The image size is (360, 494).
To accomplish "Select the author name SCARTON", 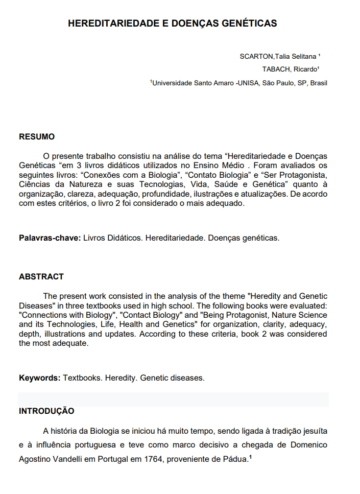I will tap(257, 56).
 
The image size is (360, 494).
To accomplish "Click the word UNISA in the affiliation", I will tap(248, 83).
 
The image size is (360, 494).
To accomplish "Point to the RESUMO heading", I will tap(37, 137).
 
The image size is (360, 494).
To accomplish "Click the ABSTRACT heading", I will tap(41, 276).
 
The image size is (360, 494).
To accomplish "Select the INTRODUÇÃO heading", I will tap(46, 411).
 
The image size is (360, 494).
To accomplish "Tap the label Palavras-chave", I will tap(50, 238).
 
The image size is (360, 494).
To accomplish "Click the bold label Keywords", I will tap(39, 378).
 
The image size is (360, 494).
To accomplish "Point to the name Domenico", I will tap(309, 444).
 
